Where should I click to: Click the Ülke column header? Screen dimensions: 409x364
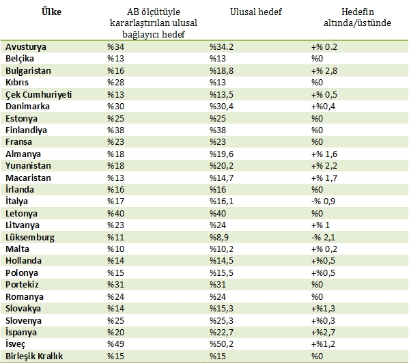[51, 12]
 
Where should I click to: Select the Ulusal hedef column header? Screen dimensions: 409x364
[256, 12]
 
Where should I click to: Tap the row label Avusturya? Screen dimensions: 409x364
[26, 47]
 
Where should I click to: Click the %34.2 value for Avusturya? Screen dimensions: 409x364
[221, 47]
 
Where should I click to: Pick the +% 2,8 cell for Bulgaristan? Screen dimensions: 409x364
[324, 71]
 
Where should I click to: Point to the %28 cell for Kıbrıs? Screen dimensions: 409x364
[116, 83]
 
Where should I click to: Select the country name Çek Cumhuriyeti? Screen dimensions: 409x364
[39, 94]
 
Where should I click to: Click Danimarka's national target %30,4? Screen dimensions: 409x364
[221, 107]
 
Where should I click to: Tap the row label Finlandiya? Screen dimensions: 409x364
[26, 130]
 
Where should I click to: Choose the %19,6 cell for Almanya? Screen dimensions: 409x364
[221, 154]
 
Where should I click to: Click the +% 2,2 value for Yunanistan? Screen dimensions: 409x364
[324, 166]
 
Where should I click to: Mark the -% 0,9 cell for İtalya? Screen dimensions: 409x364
[323, 201]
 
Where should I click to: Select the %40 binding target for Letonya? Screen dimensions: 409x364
[116, 214]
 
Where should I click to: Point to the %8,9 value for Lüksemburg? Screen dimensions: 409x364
[219, 237]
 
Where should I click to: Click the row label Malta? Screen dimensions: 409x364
[17, 249]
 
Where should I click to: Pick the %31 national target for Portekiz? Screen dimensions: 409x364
[218, 284]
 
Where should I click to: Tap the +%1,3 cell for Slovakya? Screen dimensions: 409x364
[323, 309]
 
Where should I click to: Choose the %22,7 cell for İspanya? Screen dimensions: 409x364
[221, 332]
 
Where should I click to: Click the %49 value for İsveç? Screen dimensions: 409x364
[116, 344]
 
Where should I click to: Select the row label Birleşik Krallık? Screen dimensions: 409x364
[34, 356]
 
